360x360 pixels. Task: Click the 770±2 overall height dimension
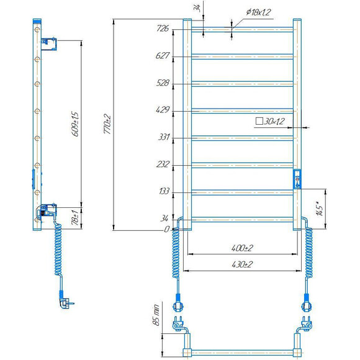click(107, 124)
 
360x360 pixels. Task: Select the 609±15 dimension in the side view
click(75, 124)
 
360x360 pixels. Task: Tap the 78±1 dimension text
click(75, 217)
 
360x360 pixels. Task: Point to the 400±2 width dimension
click(242, 248)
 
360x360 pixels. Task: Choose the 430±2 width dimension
click(242, 264)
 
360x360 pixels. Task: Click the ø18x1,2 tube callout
click(259, 12)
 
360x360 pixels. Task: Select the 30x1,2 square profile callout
click(270, 121)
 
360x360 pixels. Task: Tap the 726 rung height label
click(163, 28)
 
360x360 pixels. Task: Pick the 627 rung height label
click(163, 56)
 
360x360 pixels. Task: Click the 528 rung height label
click(163, 83)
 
